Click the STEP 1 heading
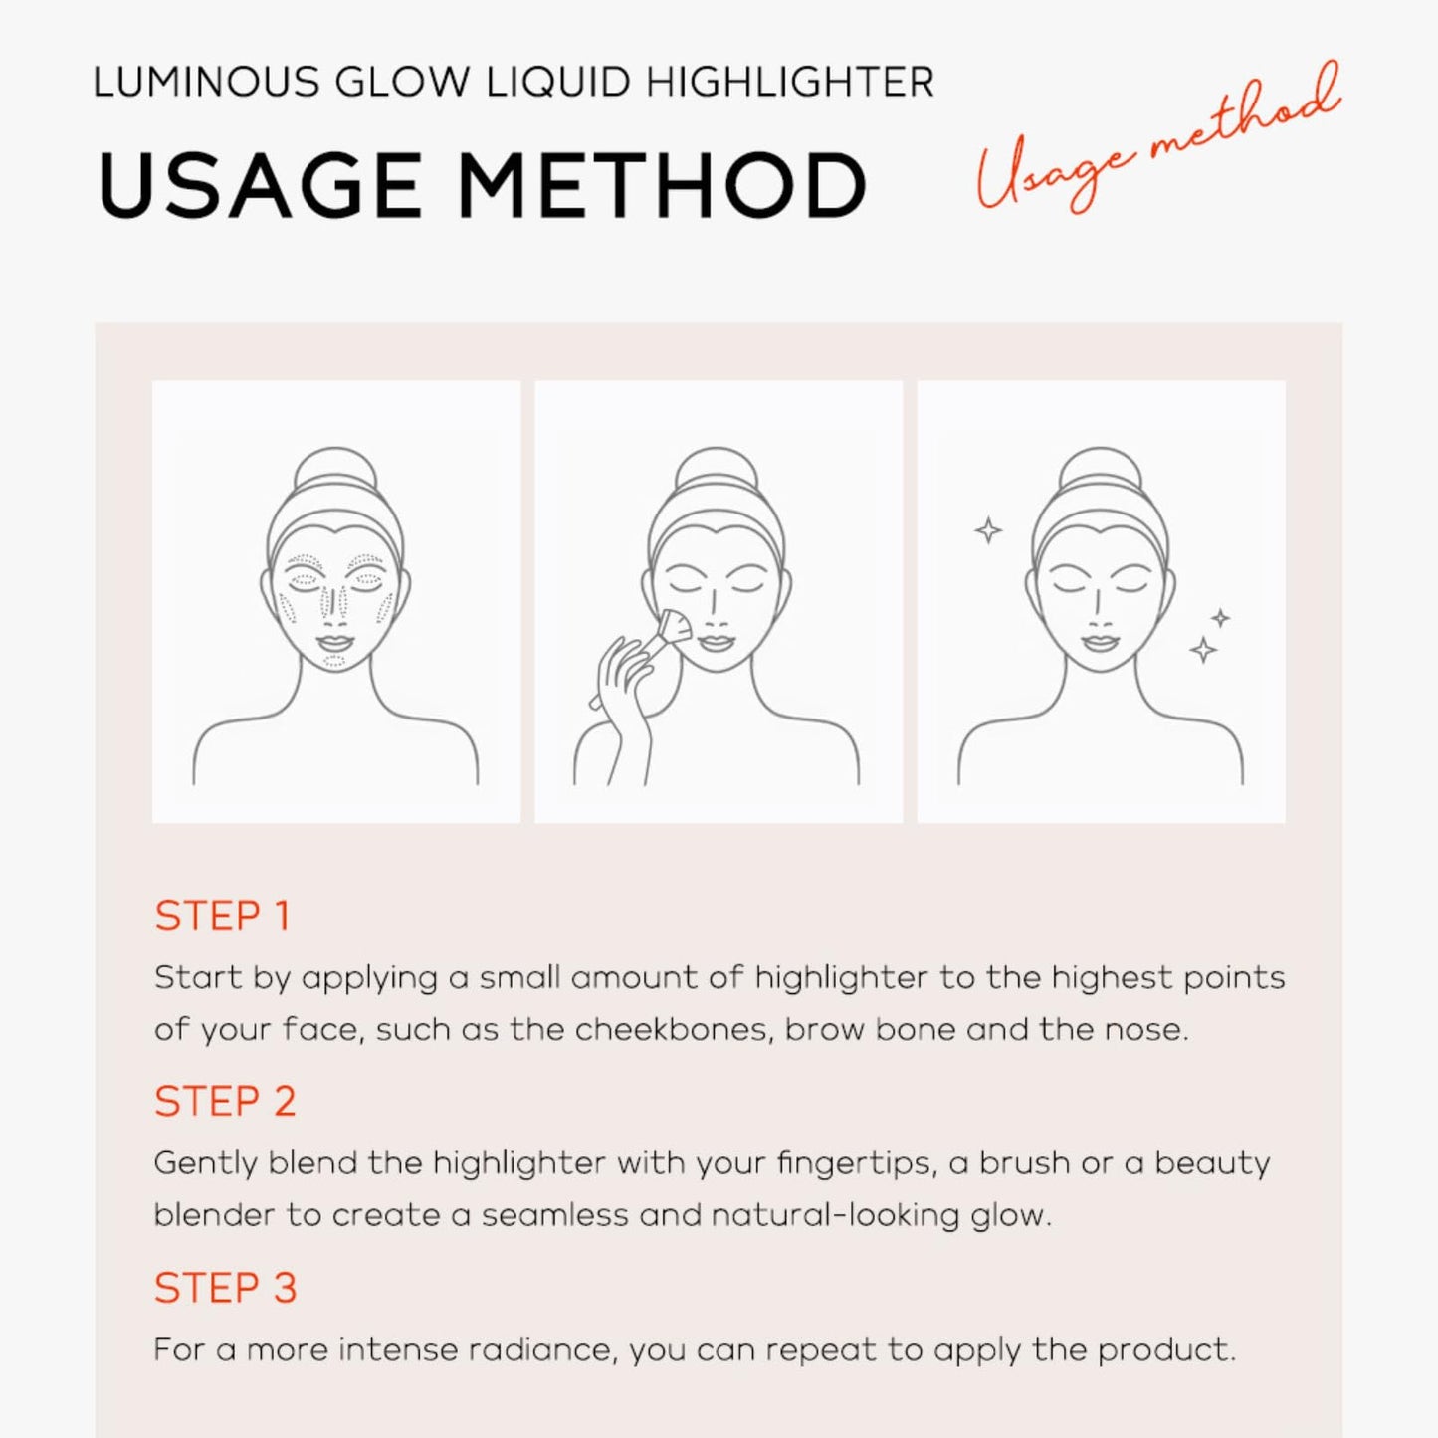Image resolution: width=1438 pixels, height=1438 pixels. [222, 916]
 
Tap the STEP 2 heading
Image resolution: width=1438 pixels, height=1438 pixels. [225, 1102]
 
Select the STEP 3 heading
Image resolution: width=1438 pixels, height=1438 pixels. [225, 1288]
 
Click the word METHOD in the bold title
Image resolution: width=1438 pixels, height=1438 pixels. [662, 186]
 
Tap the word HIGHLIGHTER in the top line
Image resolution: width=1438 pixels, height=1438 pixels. [790, 83]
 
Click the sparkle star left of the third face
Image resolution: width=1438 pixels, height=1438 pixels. [988, 530]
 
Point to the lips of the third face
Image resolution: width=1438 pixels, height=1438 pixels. [1100, 642]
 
